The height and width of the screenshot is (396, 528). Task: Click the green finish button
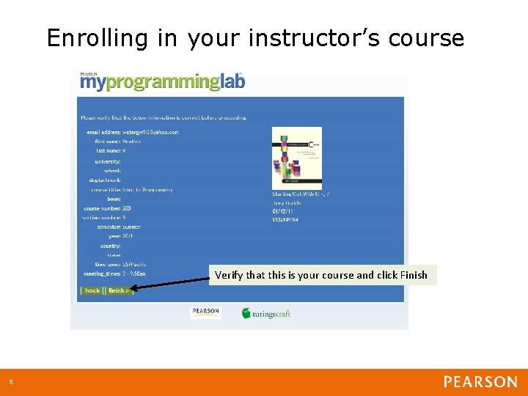117,290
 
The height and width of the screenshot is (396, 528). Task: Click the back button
92,290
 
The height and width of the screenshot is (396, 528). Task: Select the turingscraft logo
266,313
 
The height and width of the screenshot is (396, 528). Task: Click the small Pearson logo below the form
205,312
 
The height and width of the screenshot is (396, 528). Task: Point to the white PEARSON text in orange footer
480,382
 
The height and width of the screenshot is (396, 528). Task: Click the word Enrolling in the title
98,38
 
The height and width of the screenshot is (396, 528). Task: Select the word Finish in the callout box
414,275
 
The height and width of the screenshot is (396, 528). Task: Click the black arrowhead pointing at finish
135,288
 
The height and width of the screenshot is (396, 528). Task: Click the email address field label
103,132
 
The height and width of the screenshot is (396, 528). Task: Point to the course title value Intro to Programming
147,189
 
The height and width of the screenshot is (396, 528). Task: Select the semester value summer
131,227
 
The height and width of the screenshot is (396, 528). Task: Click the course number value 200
127,208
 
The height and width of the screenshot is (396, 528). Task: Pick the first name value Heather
132,142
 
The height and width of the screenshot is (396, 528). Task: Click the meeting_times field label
101,274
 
